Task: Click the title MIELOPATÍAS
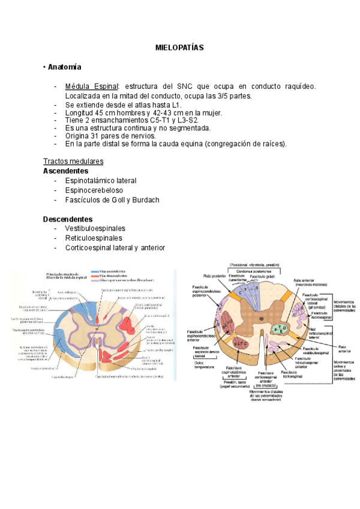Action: (179, 46)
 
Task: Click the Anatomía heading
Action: (65, 67)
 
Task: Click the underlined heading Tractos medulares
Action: (73, 161)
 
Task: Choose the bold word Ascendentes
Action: (66, 170)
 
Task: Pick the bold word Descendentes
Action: (68, 219)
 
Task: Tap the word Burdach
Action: (146, 200)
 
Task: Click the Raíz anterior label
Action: (344, 349)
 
